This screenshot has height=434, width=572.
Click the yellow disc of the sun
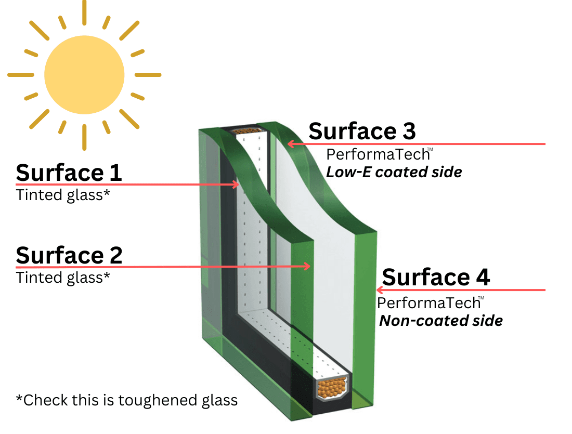pyautogui.click(x=84, y=75)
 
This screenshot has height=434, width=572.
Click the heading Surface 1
pyautogui.click(x=69, y=173)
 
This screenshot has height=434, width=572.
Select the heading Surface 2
pyautogui.click(x=69, y=255)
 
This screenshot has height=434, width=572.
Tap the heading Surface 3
pyautogui.click(x=362, y=131)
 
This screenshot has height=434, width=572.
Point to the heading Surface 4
pyautogui.click(x=436, y=277)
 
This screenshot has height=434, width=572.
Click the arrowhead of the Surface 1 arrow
pyautogui.click(x=236, y=185)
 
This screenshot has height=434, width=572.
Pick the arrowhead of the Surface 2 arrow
pyautogui.click(x=307, y=267)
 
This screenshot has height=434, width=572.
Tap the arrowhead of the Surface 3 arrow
pyautogui.click(x=291, y=143)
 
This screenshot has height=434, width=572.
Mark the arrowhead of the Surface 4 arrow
pyautogui.click(x=380, y=291)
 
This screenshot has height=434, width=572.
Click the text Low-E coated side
pyautogui.click(x=394, y=172)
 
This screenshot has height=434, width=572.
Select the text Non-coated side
pyautogui.click(x=441, y=321)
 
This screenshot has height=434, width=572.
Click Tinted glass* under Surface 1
pyautogui.click(x=63, y=195)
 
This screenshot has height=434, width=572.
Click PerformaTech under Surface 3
pyautogui.click(x=378, y=155)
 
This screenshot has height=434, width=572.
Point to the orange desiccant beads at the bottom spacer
pyautogui.click(x=332, y=388)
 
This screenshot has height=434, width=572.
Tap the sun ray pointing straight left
pyautogui.click(x=21, y=75)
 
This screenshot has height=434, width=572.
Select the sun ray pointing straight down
pyautogui.click(x=84, y=138)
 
